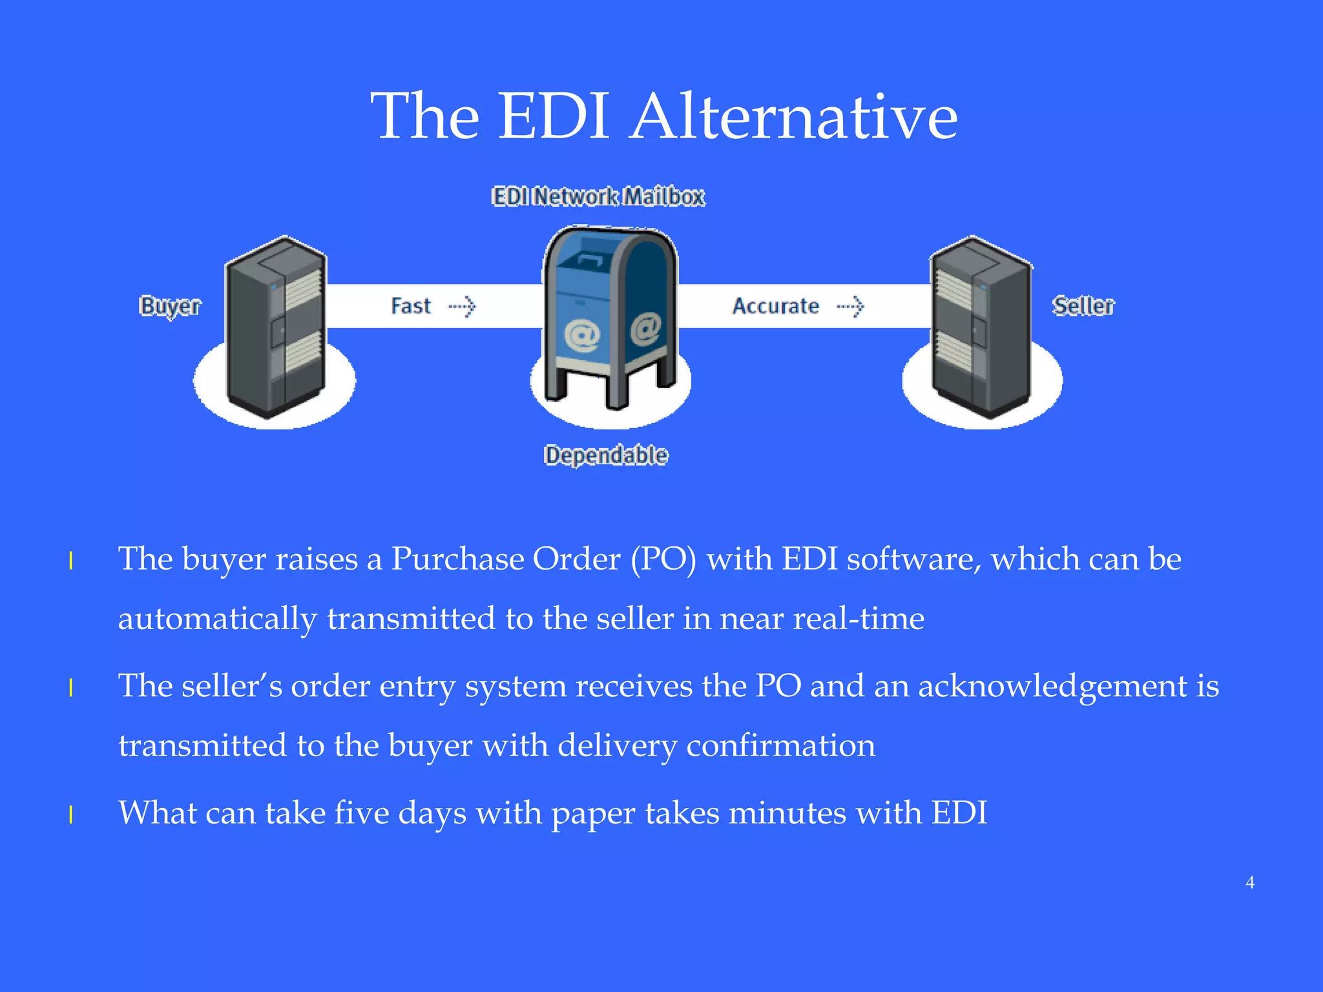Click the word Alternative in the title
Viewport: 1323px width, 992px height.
(x=794, y=117)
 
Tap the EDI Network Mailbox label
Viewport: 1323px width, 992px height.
(x=598, y=196)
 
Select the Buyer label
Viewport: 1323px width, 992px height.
(x=170, y=306)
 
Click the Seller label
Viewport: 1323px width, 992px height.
(x=1083, y=306)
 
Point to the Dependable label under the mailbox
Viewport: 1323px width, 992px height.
(x=605, y=455)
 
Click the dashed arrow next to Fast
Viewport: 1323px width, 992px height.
(x=463, y=306)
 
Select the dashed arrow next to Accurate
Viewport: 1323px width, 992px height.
(x=850, y=306)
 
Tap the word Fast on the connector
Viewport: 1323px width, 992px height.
(x=411, y=306)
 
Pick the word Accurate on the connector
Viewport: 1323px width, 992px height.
(x=775, y=306)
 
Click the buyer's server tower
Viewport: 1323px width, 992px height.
(x=275, y=326)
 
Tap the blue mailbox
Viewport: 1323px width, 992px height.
(x=610, y=316)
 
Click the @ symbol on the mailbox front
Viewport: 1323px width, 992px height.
(x=582, y=336)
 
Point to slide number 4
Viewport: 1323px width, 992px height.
(x=1250, y=882)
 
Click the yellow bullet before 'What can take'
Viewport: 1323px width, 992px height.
(x=71, y=815)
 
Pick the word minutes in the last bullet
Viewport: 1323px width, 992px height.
(x=787, y=813)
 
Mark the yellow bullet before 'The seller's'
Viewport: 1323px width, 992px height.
(x=71, y=688)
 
